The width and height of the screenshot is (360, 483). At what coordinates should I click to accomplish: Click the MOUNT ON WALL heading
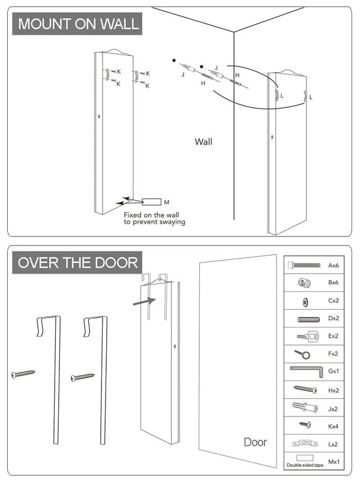pyautogui.click(x=78, y=25)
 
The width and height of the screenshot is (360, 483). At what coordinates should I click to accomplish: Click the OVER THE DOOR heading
pyautogui.click(x=77, y=262)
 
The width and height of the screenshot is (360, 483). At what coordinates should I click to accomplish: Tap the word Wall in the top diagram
pyautogui.click(x=203, y=142)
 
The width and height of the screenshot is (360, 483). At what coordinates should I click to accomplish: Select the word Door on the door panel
pyautogui.click(x=255, y=442)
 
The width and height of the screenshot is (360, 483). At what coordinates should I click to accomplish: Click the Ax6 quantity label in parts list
pyautogui.click(x=334, y=265)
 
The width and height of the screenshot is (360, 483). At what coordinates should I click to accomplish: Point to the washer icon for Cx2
pyautogui.click(x=304, y=301)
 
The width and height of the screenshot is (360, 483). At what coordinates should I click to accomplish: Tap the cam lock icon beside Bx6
pyautogui.click(x=304, y=283)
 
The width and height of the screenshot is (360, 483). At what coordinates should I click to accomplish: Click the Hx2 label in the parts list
pyautogui.click(x=334, y=389)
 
